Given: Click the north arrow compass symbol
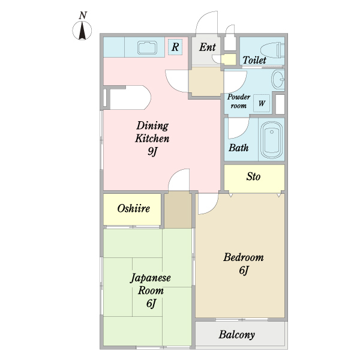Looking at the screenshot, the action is click(82, 31).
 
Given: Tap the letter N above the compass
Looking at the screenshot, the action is click(83, 16).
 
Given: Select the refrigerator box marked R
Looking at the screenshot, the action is click(175, 47).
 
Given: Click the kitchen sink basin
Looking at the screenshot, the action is click(147, 48).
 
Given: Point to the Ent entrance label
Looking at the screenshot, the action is click(208, 47).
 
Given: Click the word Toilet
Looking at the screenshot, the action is click(254, 60).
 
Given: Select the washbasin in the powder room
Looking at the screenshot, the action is click(278, 79).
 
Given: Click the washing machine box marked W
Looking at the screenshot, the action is click(262, 103).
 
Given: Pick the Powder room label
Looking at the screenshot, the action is click(239, 101).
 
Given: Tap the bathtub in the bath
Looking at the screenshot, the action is click(272, 140).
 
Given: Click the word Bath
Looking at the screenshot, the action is click(239, 148).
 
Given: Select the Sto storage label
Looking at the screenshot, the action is click(253, 176).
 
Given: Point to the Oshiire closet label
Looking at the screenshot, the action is click(133, 208).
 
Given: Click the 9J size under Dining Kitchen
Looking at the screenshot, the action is click(152, 151).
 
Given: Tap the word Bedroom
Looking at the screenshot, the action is click(244, 257).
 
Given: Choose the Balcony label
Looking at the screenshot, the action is click(237, 335).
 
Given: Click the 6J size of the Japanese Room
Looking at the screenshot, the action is click(151, 304).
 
